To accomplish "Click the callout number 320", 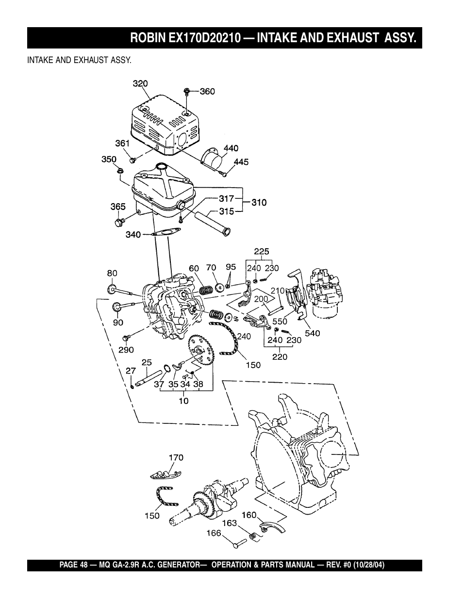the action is point(140,83).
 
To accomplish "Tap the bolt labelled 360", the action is point(187,91).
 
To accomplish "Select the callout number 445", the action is point(241,162).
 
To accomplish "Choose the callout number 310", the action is point(259,203).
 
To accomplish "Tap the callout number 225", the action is point(262,251).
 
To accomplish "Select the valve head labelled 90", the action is point(117,307).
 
